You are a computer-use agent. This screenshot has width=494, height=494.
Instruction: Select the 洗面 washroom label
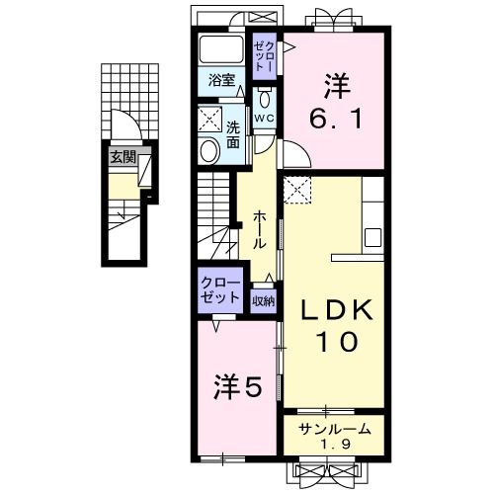click(x=232, y=132)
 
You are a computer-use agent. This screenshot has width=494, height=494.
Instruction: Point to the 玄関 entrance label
click(x=123, y=156)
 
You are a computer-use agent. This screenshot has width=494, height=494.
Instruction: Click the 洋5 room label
click(x=238, y=388)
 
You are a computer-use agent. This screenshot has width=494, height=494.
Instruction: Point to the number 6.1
click(x=335, y=102)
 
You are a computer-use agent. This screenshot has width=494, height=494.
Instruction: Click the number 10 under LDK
click(x=337, y=343)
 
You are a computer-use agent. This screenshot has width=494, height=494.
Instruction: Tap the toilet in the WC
click(x=264, y=99)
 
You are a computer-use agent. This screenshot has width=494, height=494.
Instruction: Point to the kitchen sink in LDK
click(x=373, y=238)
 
